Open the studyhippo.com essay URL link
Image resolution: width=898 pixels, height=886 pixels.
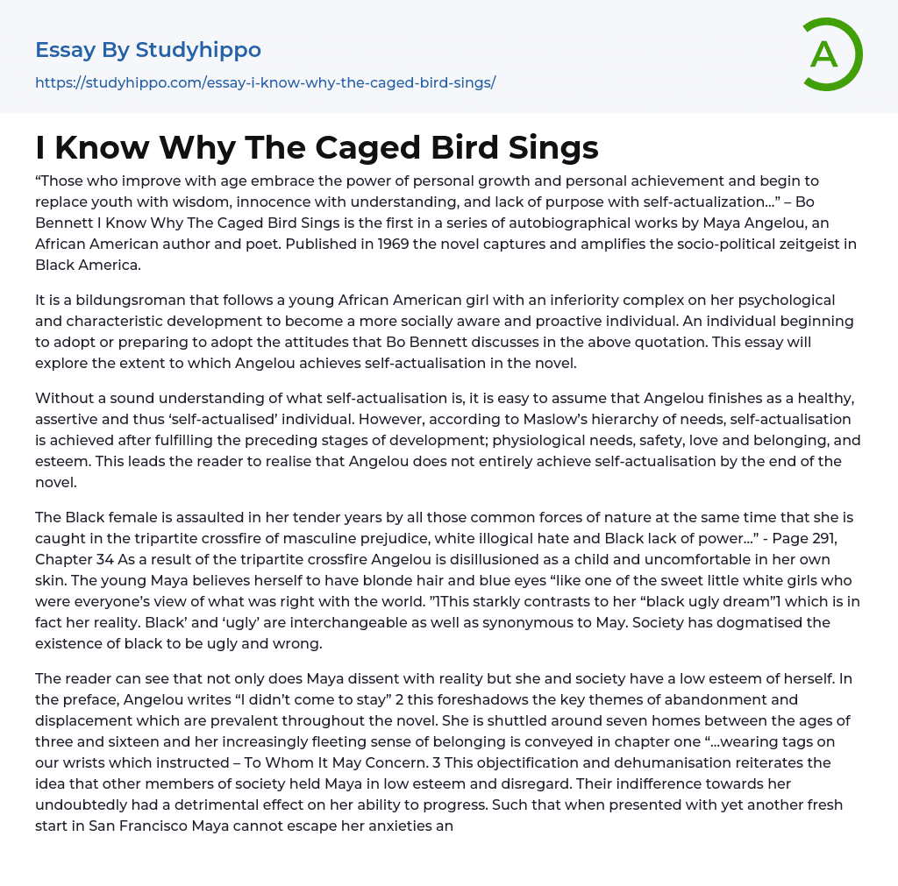(x=265, y=83)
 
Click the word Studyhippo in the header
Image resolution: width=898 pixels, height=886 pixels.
(x=198, y=50)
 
